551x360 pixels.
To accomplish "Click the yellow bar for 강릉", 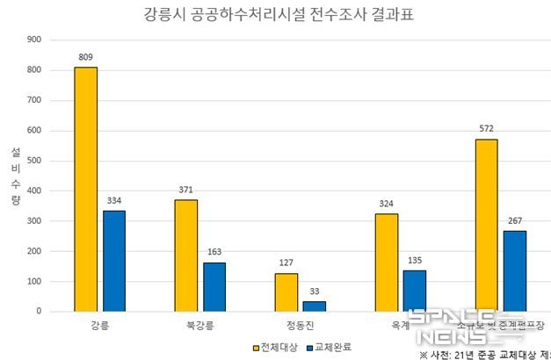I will [x=85, y=189].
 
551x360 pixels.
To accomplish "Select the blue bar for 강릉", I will [x=114, y=261].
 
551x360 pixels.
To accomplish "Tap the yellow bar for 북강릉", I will [x=185, y=255].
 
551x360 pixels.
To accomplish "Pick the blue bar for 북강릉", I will [x=214, y=286].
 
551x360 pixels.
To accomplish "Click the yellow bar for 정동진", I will [x=286, y=292].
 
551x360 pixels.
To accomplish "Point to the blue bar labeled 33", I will [x=315, y=306].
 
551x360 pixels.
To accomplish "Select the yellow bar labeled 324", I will [x=386, y=262].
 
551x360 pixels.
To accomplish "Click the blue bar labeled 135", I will [x=415, y=290].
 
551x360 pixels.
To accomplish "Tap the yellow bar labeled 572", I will [x=486, y=225].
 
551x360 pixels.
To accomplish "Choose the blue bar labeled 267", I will [x=515, y=270].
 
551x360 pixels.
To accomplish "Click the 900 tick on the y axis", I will [x=35, y=40].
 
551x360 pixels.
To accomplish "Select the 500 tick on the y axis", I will [x=35, y=161].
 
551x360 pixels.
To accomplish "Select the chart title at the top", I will [x=275, y=15].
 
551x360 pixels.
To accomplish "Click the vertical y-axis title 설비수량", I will [x=15, y=176].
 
